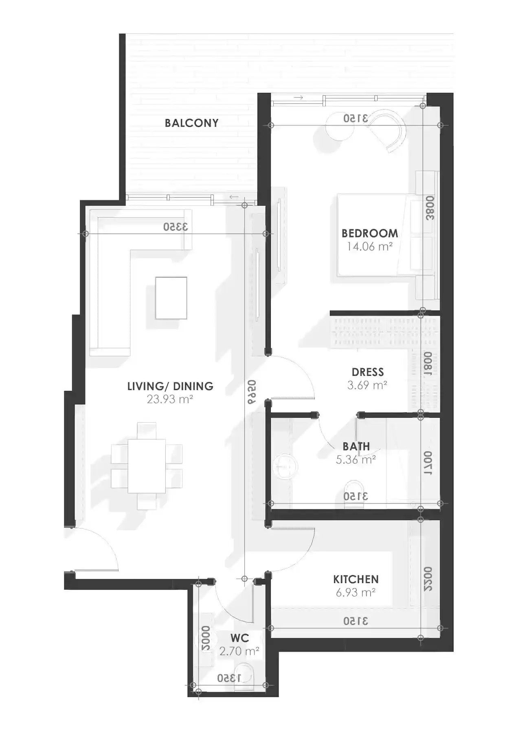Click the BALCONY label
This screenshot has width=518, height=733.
point(191,123)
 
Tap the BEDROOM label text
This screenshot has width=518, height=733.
point(369,233)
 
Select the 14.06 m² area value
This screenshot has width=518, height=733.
point(369,246)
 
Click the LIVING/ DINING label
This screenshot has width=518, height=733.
point(170,386)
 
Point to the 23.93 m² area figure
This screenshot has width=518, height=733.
point(170,399)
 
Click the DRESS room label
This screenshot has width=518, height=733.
point(368,372)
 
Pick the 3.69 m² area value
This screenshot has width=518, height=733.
point(367,385)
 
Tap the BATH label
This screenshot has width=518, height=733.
point(356,446)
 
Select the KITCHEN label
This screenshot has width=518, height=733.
point(356,579)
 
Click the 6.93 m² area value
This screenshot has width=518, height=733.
point(356,593)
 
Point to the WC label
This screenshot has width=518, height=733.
point(239,638)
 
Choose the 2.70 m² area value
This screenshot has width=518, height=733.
point(239,651)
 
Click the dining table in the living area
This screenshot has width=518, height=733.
point(147,466)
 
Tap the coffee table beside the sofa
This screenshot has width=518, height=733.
point(171,298)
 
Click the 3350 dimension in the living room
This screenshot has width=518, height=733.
point(176,227)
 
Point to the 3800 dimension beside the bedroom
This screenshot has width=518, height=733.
point(430,208)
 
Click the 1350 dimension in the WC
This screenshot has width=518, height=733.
point(229,678)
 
